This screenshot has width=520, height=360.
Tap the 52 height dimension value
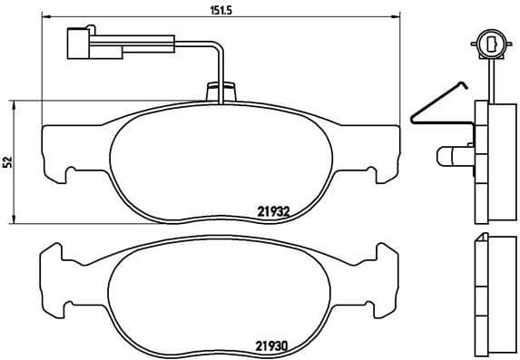[8, 161]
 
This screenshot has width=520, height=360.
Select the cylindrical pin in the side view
[450, 157]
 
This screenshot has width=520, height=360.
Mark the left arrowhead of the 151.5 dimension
[47, 17]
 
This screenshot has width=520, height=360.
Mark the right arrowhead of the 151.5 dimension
[396, 17]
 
